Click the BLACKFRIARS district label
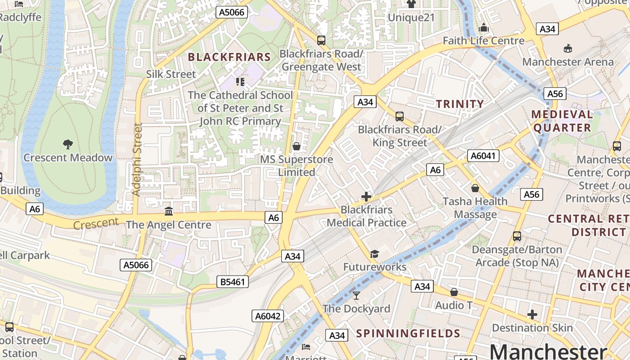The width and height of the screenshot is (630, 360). pyautogui.click(x=229, y=57)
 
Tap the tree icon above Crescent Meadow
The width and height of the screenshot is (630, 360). pyautogui.click(x=68, y=144)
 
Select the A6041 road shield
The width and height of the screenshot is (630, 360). pyautogui.click(x=483, y=156)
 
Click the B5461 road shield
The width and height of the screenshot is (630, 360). pyautogui.click(x=233, y=282)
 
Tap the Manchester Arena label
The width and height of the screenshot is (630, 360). pyautogui.click(x=568, y=62)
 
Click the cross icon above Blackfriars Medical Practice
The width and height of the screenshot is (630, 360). pyautogui.click(x=366, y=197)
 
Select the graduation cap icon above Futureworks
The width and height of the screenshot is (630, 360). pyautogui.click(x=374, y=254)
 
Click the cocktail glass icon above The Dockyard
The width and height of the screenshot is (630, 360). pyautogui.click(x=356, y=295)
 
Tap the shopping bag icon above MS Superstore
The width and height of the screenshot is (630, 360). pyautogui.click(x=297, y=146)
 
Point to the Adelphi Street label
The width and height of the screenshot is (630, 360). pyautogui.click(x=137, y=159)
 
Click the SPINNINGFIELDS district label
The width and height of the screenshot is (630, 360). pyautogui.click(x=408, y=333)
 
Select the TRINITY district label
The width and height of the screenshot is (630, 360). pyautogui.click(x=460, y=104)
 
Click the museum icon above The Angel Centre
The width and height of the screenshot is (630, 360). pyautogui.click(x=169, y=211)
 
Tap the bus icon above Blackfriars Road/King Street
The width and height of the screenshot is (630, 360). pyautogui.click(x=399, y=117)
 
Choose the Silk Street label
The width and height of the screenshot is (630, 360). pyautogui.click(x=171, y=74)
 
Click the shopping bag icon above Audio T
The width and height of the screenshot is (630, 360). pyautogui.click(x=454, y=292)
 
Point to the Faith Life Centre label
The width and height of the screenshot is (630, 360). pyautogui.click(x=483, y=40)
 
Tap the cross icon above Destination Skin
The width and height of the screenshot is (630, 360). pyautogui.click(x=532, y=315)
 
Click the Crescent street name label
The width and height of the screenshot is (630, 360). pyautogui.click(x=96, y=224)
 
